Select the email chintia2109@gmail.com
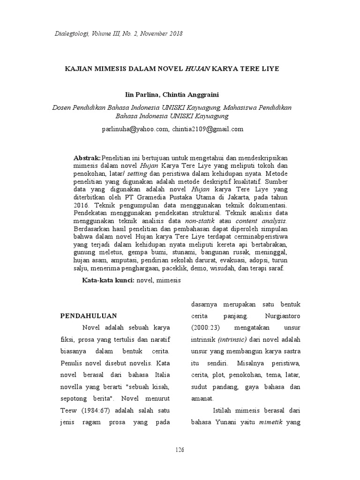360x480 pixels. (208, 129)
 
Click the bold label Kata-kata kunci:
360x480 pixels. (108, 280)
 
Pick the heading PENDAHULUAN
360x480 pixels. (89, 315)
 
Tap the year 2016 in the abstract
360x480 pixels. (81, 205)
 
